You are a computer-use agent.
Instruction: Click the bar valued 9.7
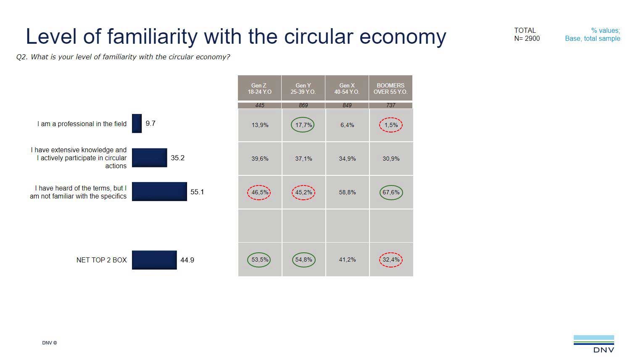click(x=137, y=124)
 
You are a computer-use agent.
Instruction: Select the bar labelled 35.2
click(x=149, y=158)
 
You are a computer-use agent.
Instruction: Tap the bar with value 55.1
click(x=159, y=192)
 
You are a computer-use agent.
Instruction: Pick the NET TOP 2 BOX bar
click(x=154, y=260)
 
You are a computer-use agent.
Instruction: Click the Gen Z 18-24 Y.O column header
click(x=259, y=88)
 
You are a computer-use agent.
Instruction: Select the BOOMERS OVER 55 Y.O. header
click(x=390, y=88)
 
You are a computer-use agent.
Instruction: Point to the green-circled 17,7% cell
click(x=303, y=125)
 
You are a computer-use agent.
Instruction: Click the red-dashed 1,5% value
click(x=391, y=125)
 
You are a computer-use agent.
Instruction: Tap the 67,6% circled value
click(x=391, y=192)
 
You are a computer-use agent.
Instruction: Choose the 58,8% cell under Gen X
click(x=347, y=192)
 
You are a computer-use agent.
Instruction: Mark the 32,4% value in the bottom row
click(x=391, y=259)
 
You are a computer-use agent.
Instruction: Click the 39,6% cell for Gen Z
click(x=260, y=159)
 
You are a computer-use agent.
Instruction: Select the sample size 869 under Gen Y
click(x=303, y=105)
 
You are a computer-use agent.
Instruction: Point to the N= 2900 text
click(x=527, y=38)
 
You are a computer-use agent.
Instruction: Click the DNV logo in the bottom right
click(x=594, y=343)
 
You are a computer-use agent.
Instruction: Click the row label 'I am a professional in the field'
click(x=82, y=124)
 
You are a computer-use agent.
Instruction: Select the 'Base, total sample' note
click(x=592, y=38)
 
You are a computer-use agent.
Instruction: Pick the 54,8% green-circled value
click(x=303, y=259)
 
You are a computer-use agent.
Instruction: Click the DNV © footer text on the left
click(x=49, y=343)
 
